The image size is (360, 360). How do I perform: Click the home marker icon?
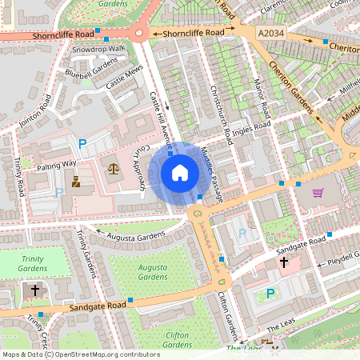tap(180, 172)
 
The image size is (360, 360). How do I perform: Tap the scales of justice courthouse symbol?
tap(112, 168)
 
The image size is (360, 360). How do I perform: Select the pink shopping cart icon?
tap(318, 193)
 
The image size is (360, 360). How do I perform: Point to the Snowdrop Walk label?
tap(99, 49)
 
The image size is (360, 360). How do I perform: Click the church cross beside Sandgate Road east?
tap(283, 262)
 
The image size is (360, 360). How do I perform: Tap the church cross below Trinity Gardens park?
tap(34, 290)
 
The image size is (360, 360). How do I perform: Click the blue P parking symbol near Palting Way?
tap(82, 144)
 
